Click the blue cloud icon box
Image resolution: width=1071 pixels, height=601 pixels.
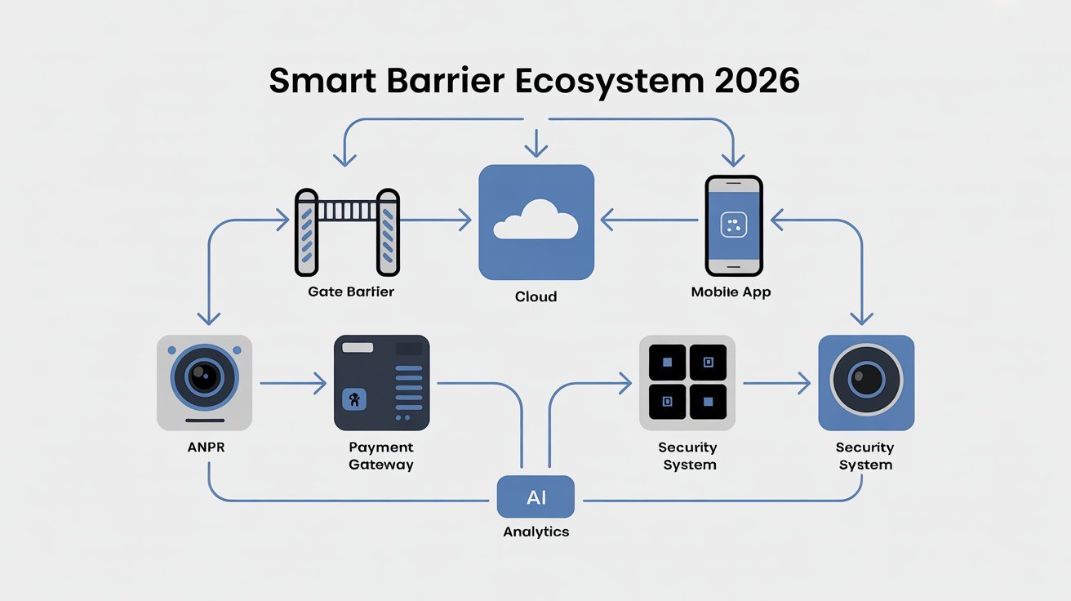535,222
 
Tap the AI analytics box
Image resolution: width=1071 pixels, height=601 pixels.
535,497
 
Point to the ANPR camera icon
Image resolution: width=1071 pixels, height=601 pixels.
204,382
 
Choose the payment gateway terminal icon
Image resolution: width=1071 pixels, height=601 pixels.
381,382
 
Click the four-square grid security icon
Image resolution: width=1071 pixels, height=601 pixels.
687,382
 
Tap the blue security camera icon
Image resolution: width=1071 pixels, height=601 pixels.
866,382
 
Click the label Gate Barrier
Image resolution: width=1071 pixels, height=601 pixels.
351,292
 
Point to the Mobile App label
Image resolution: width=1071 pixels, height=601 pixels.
731,292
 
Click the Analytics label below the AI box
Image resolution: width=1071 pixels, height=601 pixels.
535,532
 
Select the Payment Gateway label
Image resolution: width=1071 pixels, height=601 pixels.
381,456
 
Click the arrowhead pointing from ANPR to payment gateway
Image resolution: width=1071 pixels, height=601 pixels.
320,382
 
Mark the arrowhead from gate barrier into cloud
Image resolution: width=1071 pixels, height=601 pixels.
465,219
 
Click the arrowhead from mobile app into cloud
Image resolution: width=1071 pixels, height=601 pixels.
607,219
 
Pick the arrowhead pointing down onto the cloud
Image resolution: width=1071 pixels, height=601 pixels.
535,151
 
